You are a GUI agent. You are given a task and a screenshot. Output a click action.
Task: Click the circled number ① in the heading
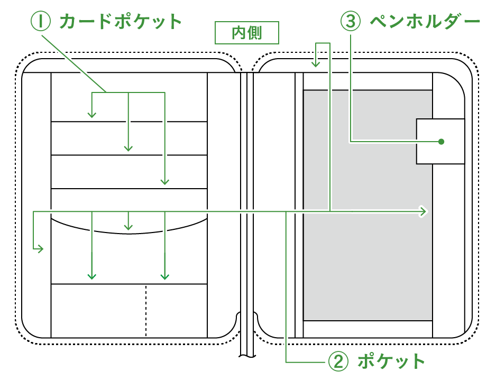(x=40, y=22)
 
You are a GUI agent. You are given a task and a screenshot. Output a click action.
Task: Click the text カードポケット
(x=121, y=22)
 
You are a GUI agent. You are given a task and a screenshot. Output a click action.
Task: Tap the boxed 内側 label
(x=247, y=33)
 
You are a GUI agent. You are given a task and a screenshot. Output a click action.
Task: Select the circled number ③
(x=350, y=22)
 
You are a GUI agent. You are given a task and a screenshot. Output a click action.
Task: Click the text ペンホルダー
(x=425, y=22)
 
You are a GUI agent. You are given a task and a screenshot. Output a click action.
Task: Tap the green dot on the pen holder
(x=441, y=142)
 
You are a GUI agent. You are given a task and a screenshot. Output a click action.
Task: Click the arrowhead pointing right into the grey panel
(x=423, y=211)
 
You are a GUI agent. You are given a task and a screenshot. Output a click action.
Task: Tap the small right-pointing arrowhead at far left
(x=40, y=249)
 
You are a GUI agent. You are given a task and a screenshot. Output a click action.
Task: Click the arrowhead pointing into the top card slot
(x=92, y=114)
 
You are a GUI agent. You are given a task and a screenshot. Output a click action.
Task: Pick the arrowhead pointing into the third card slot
(x=165, y=181)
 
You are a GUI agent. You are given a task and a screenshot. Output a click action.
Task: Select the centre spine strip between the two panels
(x=247, y=211)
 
